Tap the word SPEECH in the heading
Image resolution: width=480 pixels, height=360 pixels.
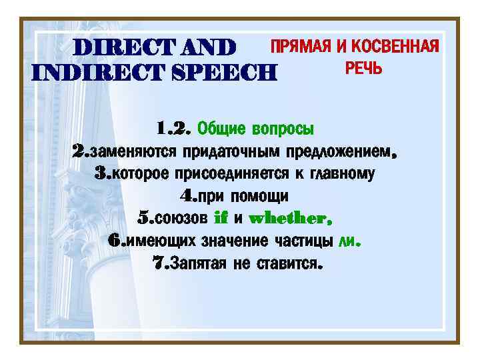click(x=226, y=71)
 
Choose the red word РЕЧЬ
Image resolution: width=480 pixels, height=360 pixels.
click(x=363, y=68)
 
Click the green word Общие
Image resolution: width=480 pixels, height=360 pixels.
click(x=221, y=127)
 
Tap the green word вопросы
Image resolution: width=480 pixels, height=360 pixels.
click(x=283, y=127)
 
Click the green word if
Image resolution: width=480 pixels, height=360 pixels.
click(x=220, y=219)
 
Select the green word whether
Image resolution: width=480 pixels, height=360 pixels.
click(x=287, y=219)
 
